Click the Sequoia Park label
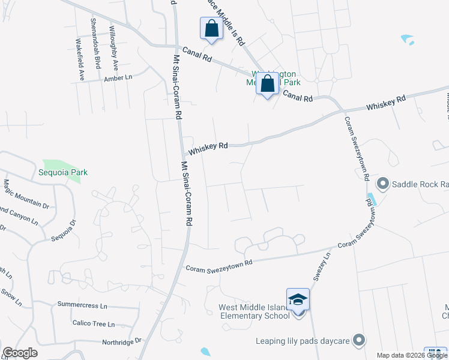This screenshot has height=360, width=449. pos(62,172)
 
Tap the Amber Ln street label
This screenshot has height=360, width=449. pos(118,78)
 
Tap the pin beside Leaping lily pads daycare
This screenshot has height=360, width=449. pos(358,340)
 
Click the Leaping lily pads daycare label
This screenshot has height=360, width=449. pos(303,341)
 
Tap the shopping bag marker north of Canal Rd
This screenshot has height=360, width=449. pos(211,28)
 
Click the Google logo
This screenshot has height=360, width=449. pos(20,353)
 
